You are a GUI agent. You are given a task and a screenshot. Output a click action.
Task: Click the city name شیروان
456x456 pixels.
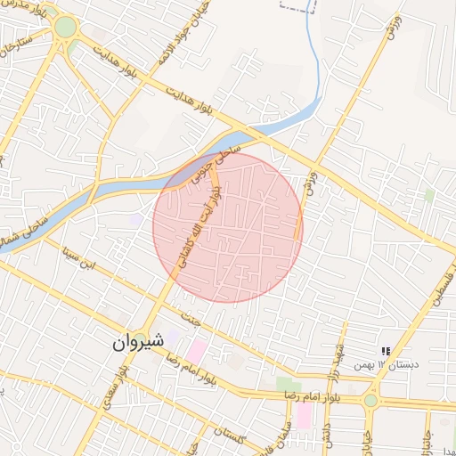[x=140, y=341]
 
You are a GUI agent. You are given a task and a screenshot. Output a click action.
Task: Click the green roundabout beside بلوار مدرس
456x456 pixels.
[x=65, y=28]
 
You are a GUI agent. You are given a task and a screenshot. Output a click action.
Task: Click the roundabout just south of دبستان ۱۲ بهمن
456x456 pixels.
[x=370, y=400]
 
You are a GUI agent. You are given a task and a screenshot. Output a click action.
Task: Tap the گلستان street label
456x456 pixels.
[x=230, y=436]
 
